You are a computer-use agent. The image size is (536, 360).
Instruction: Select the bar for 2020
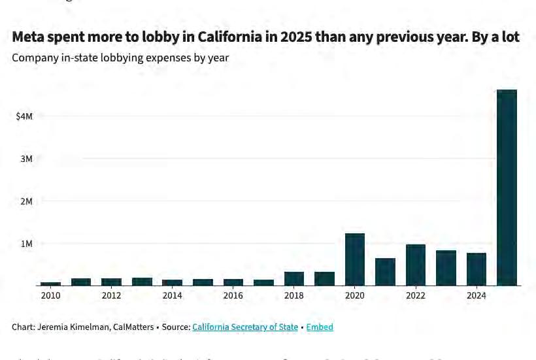click(x=355, y=259)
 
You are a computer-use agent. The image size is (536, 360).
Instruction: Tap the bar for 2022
click(x=416, y=265)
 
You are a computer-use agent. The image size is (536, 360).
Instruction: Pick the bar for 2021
click(x=385, y=272)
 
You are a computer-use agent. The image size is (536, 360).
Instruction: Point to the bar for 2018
click(x=294, y=279)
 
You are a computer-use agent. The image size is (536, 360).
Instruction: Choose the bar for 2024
click(x=477, y=269)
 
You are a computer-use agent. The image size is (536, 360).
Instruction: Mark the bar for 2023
click(x=446, y=268)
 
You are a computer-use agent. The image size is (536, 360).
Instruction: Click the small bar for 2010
click(x=51, y=284)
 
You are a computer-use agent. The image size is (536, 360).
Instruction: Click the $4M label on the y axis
click(x=24, y=116)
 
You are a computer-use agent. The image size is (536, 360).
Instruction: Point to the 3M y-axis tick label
click(x=26, y=159)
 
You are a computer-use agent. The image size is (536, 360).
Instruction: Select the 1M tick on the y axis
click(x=26, y=244)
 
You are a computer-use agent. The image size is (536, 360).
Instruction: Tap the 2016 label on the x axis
click(x=233, y=295)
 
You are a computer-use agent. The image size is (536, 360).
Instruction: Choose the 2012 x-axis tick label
click(x=111, y=295)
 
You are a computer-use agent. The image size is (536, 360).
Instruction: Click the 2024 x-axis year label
click(x=477, y=295)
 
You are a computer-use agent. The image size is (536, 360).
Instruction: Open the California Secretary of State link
click(x=245, y=327)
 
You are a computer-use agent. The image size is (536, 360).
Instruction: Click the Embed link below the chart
click(x=320, y=327)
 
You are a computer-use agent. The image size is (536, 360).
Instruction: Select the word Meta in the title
click(x=30, y=37)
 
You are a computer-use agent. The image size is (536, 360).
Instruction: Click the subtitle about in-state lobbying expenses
click(x=120, y=57)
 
